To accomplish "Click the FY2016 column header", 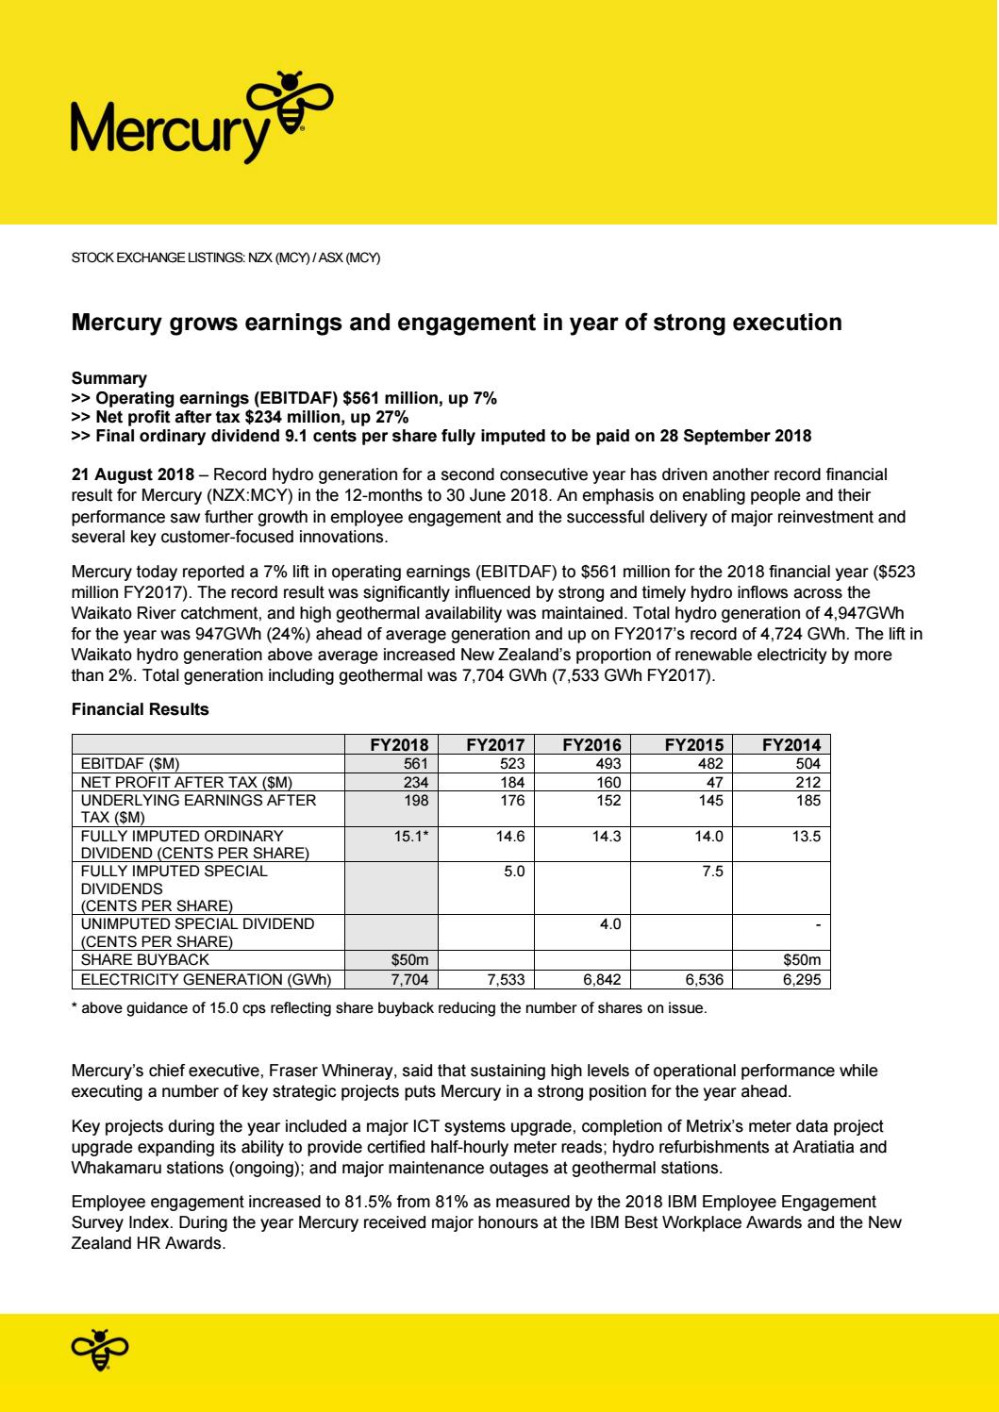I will [586, 744].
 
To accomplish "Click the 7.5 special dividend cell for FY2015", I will [712, 872].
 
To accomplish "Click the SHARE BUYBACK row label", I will [145, 960].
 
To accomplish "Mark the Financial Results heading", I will [140, 709].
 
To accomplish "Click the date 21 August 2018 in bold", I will [133, 473].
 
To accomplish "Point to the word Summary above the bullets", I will [109, 379].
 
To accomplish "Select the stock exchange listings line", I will [225, 258].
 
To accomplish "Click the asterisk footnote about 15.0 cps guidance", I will [389, 1008].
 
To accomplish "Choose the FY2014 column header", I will [791, 744].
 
